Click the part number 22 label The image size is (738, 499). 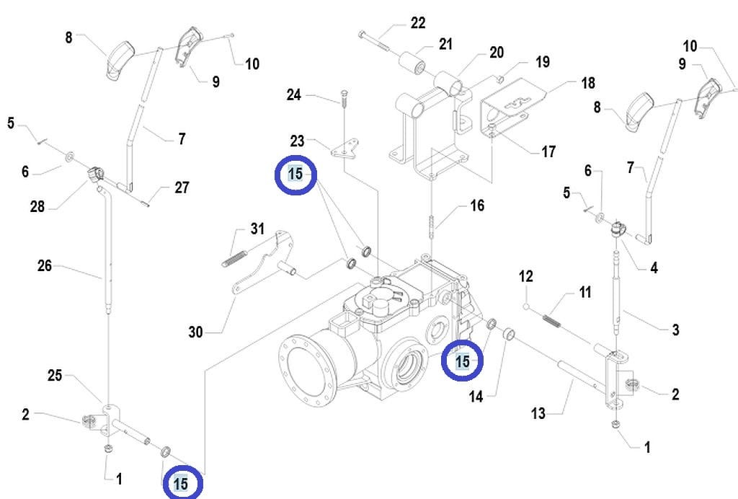[418, 22]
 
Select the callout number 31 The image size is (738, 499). [257, 229]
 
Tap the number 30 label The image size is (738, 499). [196, 332]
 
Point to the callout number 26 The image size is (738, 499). [45, 265]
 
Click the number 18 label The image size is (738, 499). [588, 83]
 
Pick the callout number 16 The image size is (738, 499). [477, 206]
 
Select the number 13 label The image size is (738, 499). [538, 413]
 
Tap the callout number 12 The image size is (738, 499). [525, 276]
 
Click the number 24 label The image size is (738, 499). [294, 94]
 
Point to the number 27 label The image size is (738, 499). [182, 187]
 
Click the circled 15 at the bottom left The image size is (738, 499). [182, 483]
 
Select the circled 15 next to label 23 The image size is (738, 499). [295, 175]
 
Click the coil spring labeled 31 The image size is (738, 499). [234, 258]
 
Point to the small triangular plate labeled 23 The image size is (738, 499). [344, 149]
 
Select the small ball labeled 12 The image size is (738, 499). [525, 306]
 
